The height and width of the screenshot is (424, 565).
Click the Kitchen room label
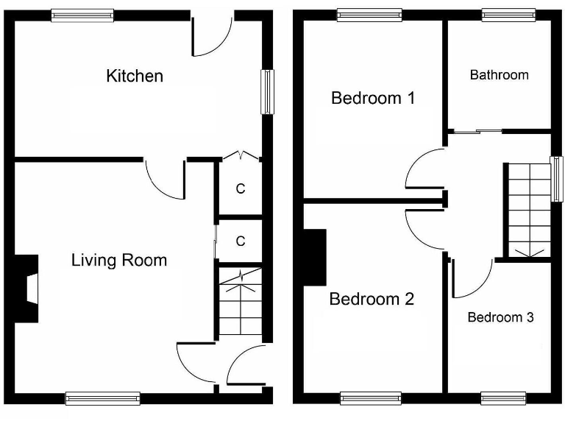[135, 76]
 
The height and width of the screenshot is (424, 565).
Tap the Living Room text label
[118, 260]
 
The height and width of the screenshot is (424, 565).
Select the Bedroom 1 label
[372, 98]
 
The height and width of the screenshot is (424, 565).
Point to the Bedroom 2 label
[372, 299]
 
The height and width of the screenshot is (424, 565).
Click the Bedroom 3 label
[500, 317]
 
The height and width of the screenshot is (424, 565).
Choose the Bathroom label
[499, 74]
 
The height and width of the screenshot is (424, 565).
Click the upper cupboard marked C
[240, 188]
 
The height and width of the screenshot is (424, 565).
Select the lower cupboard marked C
[240, 241]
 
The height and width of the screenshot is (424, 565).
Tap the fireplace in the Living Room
[28, 289]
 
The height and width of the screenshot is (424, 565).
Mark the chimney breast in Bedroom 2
[315, 257]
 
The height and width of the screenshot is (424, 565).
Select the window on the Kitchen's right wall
[267, 92]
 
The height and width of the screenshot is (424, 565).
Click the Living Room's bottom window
[102, 398]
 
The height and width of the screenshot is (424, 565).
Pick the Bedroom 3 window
[503, 398]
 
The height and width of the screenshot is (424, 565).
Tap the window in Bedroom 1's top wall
[369, 14]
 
